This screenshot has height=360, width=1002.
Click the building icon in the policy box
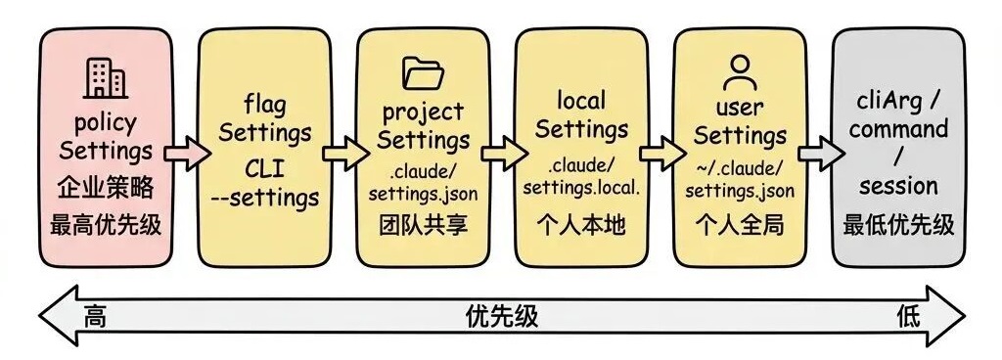(106, 78)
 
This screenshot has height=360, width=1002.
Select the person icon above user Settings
(740, 71)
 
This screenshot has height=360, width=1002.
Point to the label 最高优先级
(106, 226)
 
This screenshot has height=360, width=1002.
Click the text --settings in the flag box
(264, 198)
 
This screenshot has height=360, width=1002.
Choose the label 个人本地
(581, 225)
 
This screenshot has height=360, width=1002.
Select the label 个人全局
(740, 225)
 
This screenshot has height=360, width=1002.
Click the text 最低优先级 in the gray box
(898, 225)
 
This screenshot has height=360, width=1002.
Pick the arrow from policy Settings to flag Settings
(185, 152)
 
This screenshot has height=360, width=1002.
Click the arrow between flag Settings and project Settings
(343, 152)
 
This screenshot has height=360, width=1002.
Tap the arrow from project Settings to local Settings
(502, 152)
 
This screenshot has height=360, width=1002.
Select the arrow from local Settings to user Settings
(660, 152)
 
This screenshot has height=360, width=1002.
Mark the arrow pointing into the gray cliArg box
(819, 152)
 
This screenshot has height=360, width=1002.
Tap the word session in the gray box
(898, 186)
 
